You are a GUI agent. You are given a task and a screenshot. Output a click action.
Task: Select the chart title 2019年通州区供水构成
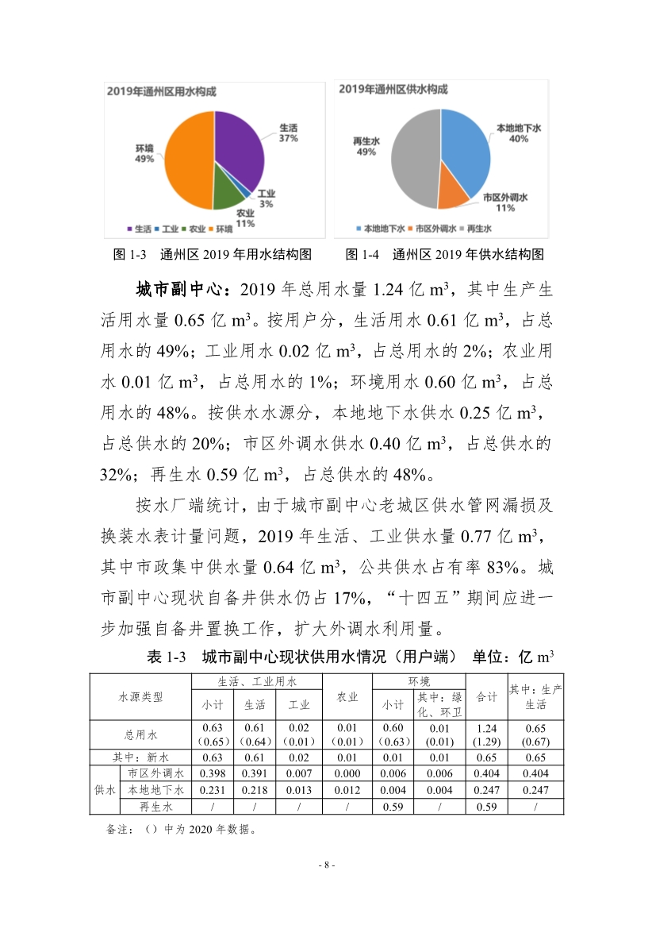click(393, 90)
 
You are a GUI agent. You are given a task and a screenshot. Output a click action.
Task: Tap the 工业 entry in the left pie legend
click(167, 229)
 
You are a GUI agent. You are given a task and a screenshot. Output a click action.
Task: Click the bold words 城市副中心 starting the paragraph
click(182, 289)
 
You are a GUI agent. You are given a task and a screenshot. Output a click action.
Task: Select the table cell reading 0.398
click(212, 773)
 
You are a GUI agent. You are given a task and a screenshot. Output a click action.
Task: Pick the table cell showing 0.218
click(255, 790)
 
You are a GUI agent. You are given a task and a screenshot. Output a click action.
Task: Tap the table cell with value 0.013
click(298, 790)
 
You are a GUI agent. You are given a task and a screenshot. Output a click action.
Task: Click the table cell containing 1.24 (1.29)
click(486, 734)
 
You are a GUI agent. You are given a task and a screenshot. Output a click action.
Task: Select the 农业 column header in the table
click(347, 697)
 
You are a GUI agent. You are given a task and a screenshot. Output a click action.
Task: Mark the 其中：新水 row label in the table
click(140, 757)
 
